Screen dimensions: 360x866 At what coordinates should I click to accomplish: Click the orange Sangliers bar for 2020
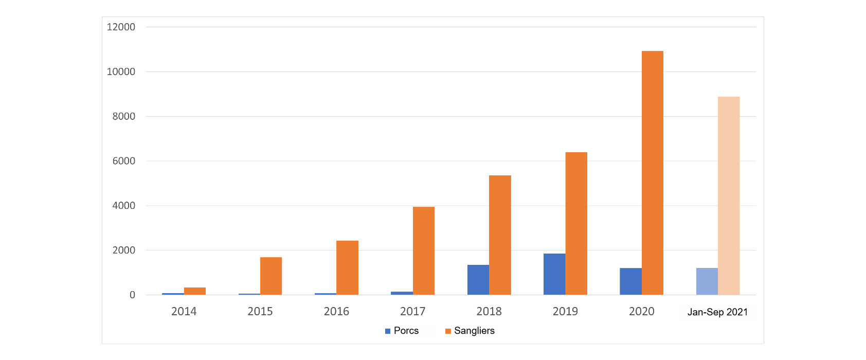(652, 173)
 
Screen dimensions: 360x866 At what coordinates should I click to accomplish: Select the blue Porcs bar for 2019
(554, 274)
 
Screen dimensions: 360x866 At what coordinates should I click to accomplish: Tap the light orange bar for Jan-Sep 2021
(728, 195)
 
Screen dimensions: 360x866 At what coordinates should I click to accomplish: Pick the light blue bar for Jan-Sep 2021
(707, 281)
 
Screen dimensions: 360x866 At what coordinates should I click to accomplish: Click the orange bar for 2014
(195, 291)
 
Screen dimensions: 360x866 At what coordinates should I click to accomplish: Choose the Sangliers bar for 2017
(423, 250)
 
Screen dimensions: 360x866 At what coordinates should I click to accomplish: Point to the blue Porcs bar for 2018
(478, 280)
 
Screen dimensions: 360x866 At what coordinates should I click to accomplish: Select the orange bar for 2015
(271, 276)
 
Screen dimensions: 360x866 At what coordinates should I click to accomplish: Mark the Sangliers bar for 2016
(347, 267)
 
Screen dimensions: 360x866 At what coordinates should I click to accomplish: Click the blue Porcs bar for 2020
(630, 281)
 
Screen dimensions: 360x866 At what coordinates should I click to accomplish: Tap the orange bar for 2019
(576, 223)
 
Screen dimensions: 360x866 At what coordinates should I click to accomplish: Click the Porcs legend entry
(402, 331)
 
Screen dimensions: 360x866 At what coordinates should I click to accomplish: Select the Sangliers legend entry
(470, 331)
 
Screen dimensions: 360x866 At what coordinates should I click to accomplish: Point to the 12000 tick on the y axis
(121, 27)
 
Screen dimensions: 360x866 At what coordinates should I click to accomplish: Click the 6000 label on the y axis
(123, 161)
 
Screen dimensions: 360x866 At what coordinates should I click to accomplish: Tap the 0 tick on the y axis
(132, 295)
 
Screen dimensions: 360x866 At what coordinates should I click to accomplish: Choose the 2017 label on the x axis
(412, 311)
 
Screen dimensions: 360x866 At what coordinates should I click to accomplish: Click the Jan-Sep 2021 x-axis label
(717, 312)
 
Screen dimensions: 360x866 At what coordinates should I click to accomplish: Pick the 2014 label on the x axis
(184, 311)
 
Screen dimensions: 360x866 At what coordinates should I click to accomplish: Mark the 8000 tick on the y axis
(123, 116)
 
